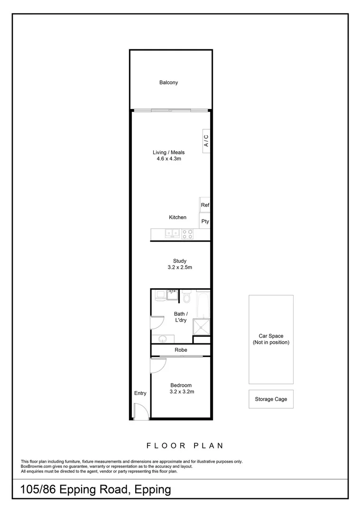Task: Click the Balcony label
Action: tap(168, 82)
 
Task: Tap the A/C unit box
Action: tap(206, 140)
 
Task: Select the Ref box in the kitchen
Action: tap(205, 205)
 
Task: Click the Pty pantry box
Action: tap(205, 221)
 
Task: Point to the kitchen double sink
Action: tap(172, 233)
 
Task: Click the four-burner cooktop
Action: tap(187, 233)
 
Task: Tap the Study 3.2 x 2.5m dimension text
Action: tap(179, 267)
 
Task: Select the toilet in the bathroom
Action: tap(186, 297)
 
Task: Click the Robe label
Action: tap(181, 350)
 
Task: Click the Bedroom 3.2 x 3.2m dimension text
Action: tap(182, 392)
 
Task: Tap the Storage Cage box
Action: tap(271, 399)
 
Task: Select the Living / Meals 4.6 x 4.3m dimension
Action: tap(168, 159)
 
